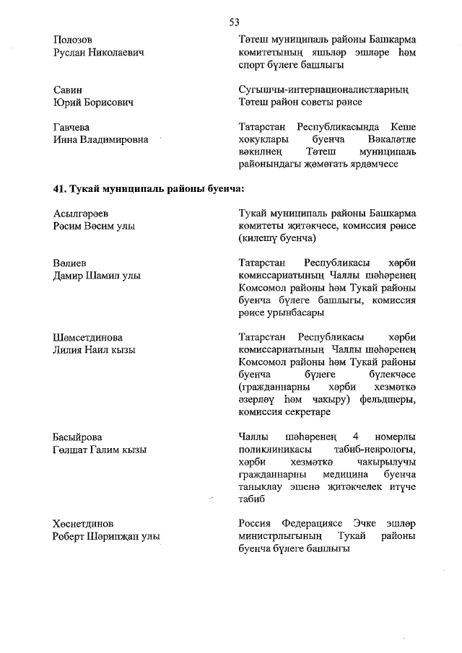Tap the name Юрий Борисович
click(94, 103)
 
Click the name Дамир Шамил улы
click(97, 275)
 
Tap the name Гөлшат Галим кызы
click(100, 450)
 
